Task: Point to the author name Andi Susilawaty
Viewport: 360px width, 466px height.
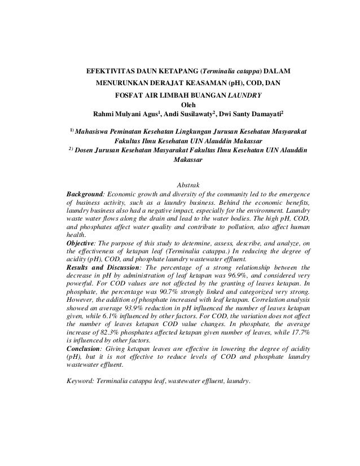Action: [x=195, y=113]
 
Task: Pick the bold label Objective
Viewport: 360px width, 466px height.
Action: [x=82, y=243]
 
